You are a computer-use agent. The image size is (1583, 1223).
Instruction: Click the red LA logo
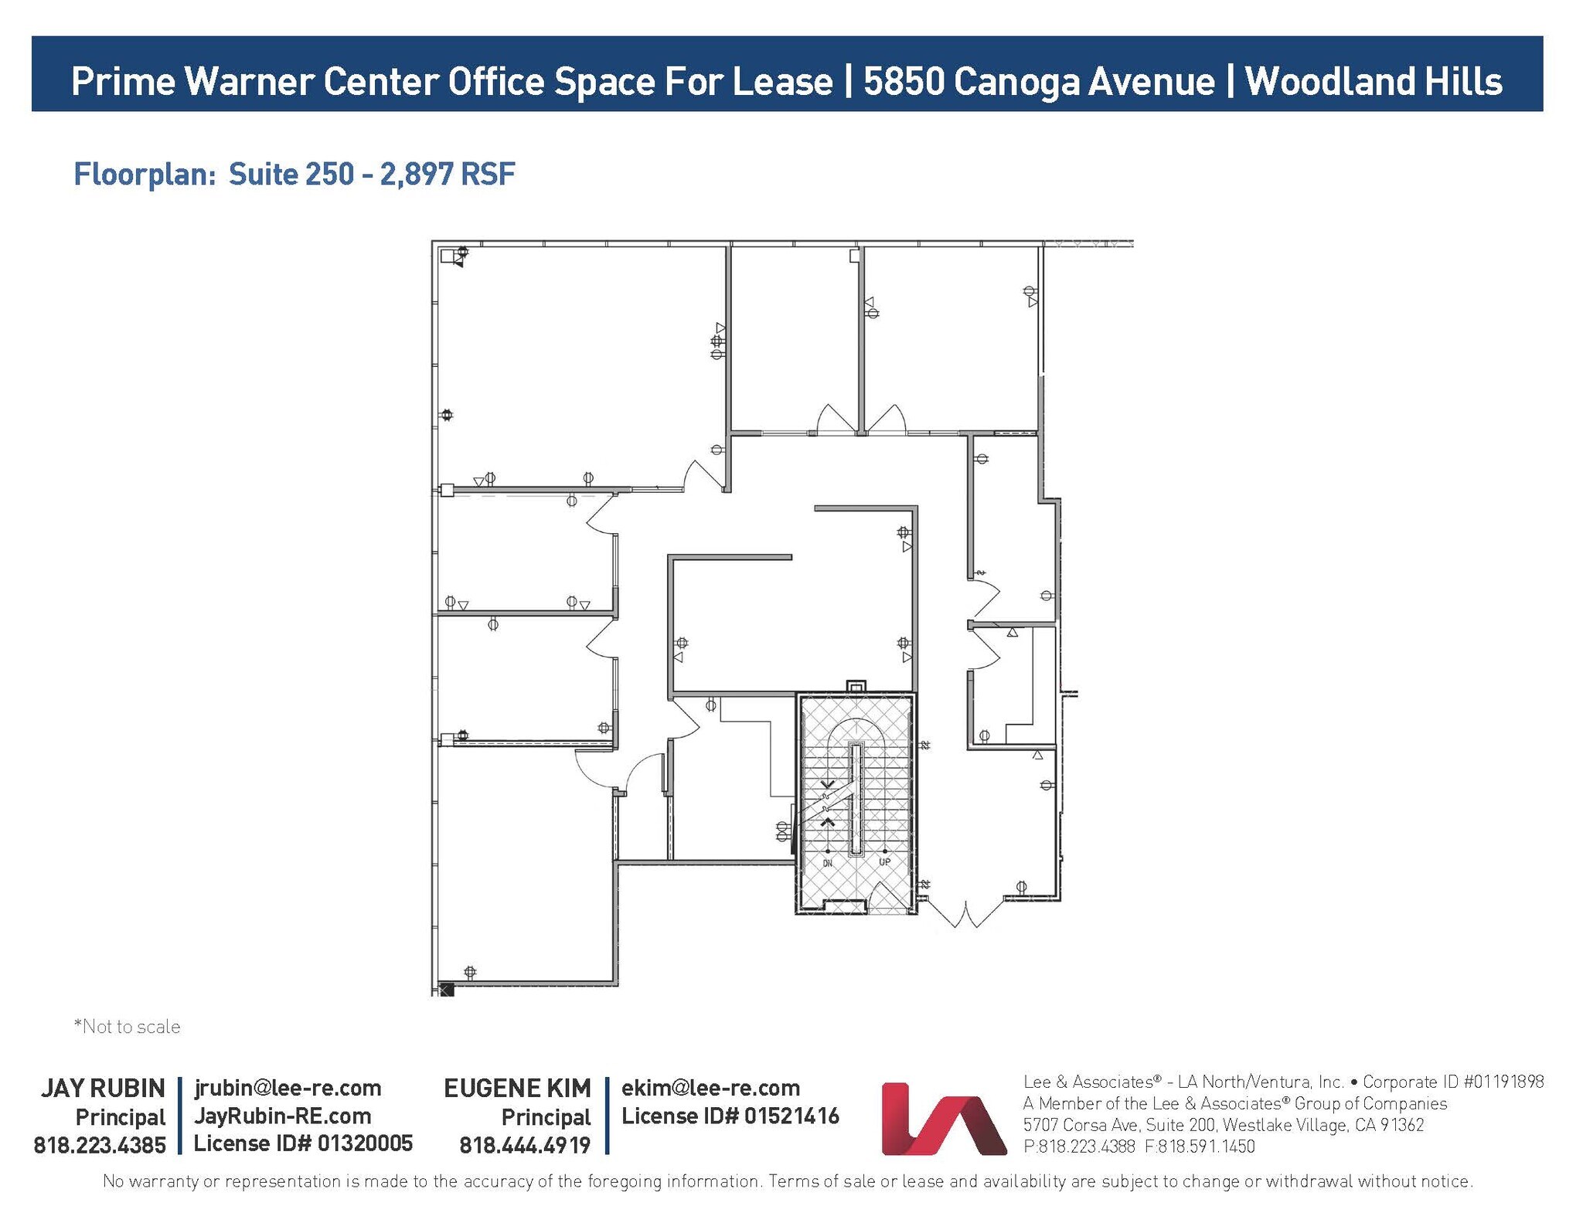coord(944,1119)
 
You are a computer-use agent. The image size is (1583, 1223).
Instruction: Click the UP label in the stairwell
coord(884,861)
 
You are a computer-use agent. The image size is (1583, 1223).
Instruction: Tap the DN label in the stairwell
coord(827,863)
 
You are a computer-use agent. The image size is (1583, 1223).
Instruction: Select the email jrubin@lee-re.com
coord(288,1088)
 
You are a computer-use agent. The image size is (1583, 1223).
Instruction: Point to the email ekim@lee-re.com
coord(710,1088)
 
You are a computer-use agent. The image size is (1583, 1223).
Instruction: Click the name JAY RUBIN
coord(103,1088)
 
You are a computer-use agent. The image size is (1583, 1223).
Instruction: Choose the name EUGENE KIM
coord(517,1088)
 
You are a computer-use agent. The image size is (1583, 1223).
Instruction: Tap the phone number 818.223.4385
coord(100,1145)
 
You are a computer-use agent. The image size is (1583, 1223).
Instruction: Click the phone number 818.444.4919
coord(525,1145)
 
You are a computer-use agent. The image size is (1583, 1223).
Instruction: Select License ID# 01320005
coord(303,1143)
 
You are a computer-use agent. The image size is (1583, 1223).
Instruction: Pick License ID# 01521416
coord(730,1116)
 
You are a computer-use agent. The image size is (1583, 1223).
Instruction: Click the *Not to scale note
coord(127,1027)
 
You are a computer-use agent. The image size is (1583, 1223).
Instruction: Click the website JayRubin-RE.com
coord(282,1116)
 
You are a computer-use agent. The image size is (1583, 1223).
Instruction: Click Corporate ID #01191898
coord(1453,1082)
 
